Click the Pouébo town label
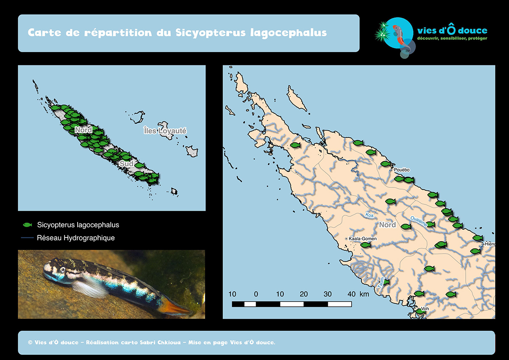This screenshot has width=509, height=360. [402, 170]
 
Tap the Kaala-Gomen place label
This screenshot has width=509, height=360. [362, 239]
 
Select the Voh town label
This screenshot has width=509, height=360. [425, 309]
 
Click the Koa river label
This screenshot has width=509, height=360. [369, 215]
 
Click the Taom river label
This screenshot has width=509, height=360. [381, 282]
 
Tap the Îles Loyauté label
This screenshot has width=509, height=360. [165, 131]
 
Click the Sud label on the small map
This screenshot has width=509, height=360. [126, 164]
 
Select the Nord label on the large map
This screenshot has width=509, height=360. [387, 225]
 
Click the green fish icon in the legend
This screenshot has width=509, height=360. [27, 225]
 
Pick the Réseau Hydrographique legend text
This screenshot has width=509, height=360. [76, 238]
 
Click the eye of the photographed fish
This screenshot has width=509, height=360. [62, 270]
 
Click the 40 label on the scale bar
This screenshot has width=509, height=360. [351, 294]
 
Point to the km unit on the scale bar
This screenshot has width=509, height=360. [364, 294]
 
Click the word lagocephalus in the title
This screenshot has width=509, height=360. [288, 33]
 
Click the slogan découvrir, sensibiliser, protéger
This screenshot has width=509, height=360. [452, 39]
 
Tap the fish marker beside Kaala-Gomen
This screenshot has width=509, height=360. [365, 245]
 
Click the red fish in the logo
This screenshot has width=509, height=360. [398, 35]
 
